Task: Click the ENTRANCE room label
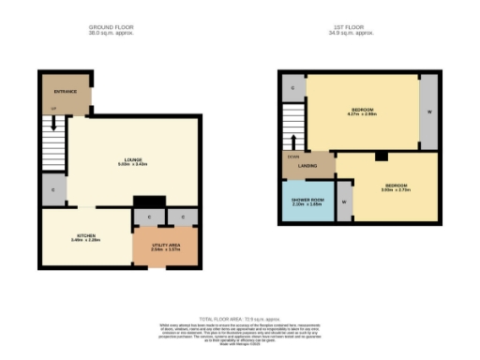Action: [65, 91]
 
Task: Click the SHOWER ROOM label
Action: [306, 198]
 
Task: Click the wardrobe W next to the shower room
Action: [344, 202]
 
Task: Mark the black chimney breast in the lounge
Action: [148, 202]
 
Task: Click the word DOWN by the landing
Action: [292, 157]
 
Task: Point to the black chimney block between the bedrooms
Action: [381, 157]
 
